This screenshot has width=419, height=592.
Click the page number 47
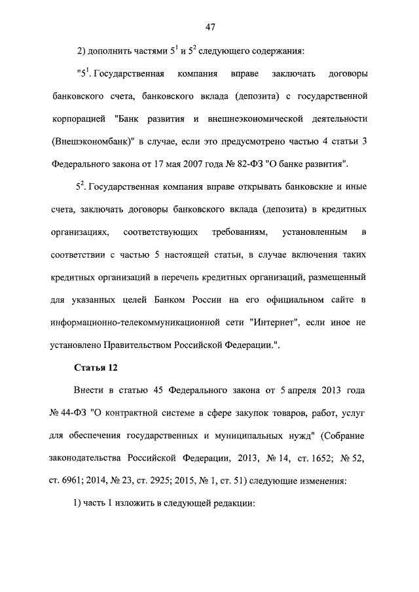[x=210, y=27]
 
